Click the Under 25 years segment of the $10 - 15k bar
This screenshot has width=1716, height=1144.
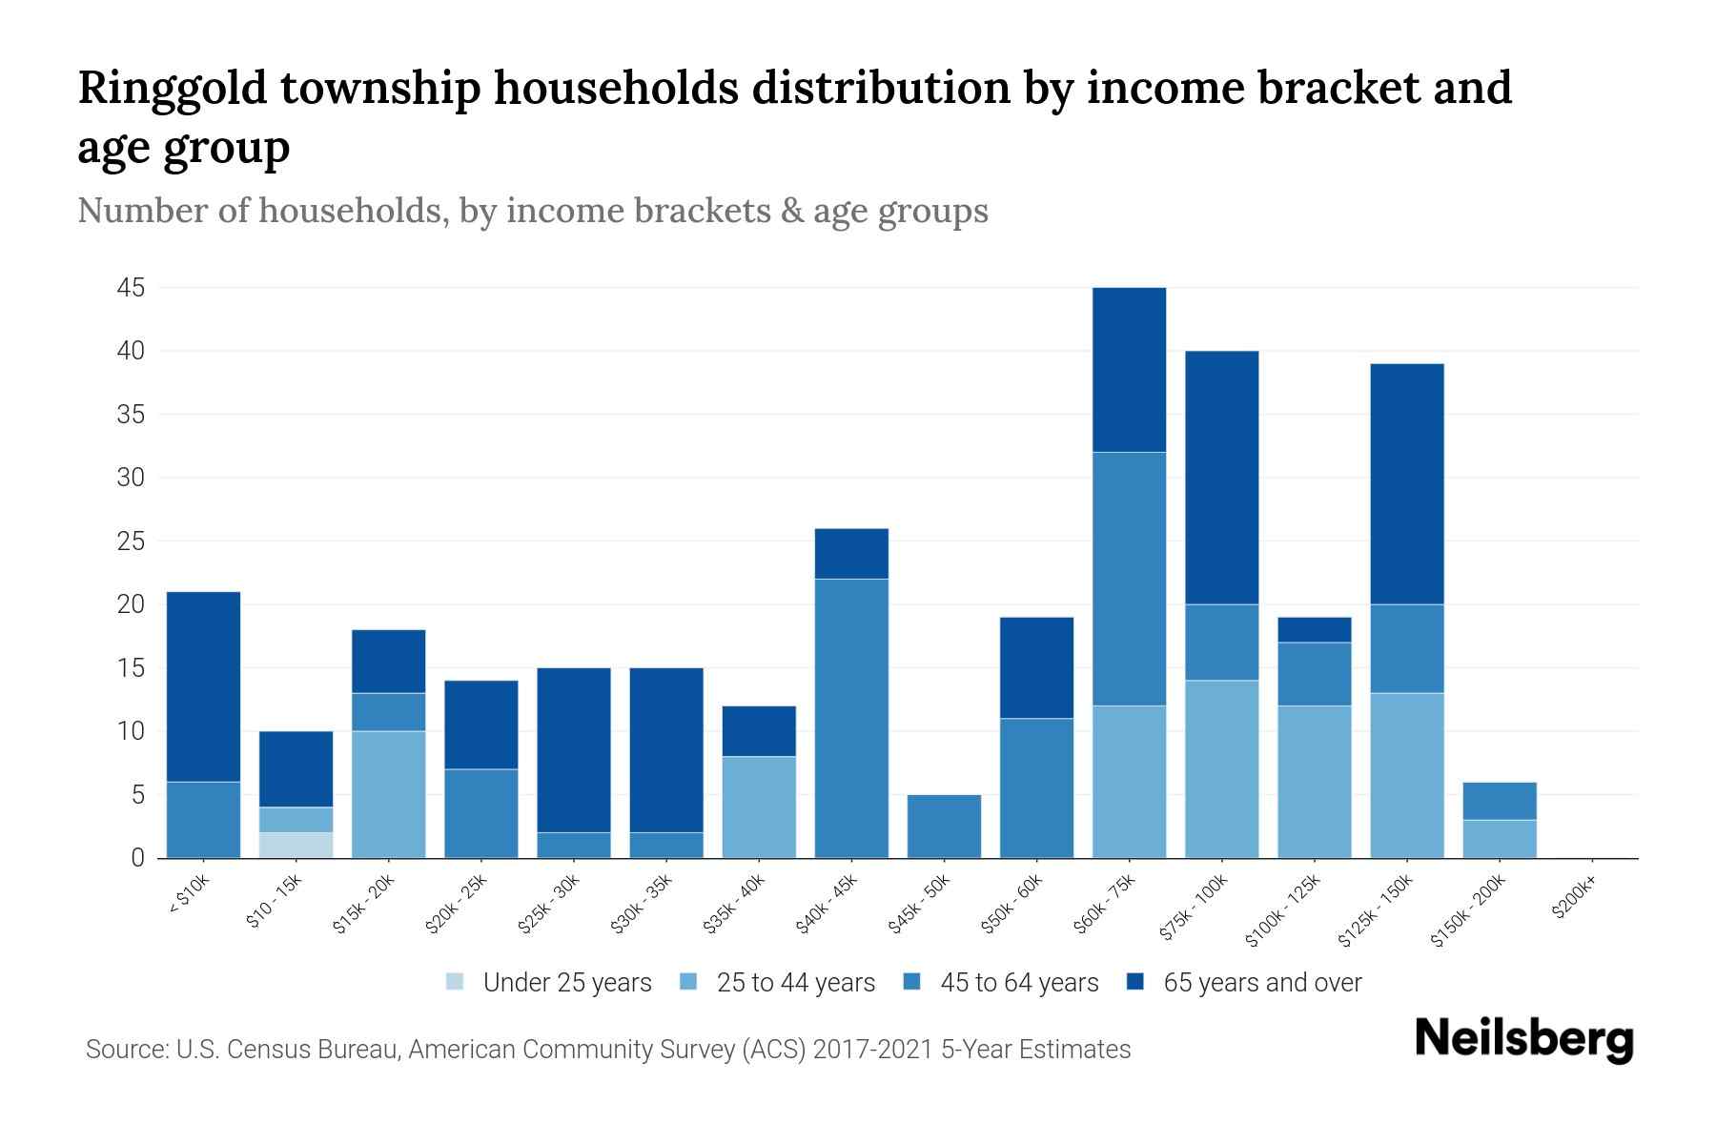296,845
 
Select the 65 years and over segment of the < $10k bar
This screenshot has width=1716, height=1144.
203,686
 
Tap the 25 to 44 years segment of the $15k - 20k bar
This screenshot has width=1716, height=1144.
388,794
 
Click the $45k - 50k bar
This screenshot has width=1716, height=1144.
944,826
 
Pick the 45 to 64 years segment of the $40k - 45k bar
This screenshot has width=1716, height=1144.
851,718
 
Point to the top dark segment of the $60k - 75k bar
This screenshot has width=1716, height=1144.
1129,370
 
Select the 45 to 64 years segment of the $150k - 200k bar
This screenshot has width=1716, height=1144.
1500,801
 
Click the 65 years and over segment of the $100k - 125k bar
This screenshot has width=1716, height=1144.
1315,630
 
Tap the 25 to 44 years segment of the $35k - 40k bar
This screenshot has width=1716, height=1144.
759,807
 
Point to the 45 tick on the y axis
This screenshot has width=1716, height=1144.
131,288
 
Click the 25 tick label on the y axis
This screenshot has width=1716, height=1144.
131,541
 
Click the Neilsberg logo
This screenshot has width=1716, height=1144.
1523,1039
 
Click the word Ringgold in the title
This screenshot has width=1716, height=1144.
172,89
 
